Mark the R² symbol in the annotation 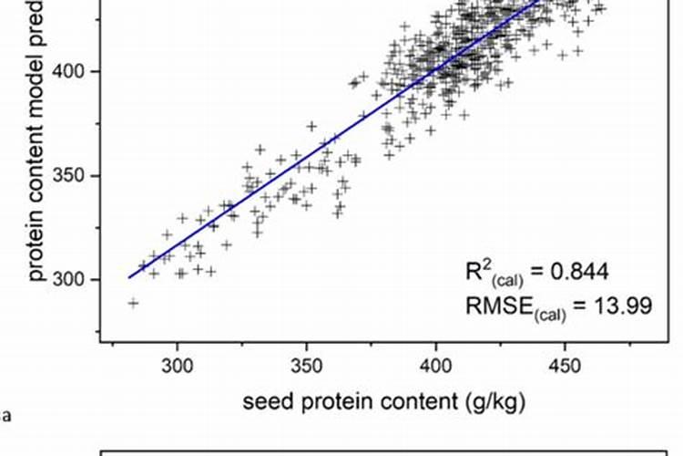click(475, 270)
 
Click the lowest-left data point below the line click(133, 303)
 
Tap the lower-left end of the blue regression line click(129, 276)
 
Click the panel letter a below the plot click(7, 418)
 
